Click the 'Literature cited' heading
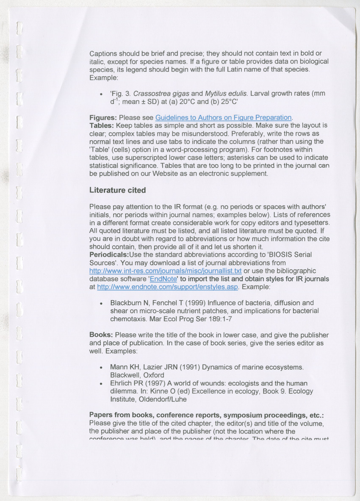pos(117,191)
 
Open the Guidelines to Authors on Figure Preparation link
pos(224,117)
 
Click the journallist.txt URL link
pos(165,271)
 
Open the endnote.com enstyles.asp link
pos(168,287)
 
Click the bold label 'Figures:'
pos(103,117)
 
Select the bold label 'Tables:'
pos(102,125)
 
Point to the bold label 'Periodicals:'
pos(109,255)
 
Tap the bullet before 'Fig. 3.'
pos(100,94)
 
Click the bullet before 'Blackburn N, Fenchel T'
pos(100,304)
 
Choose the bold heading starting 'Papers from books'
pos(210,415)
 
